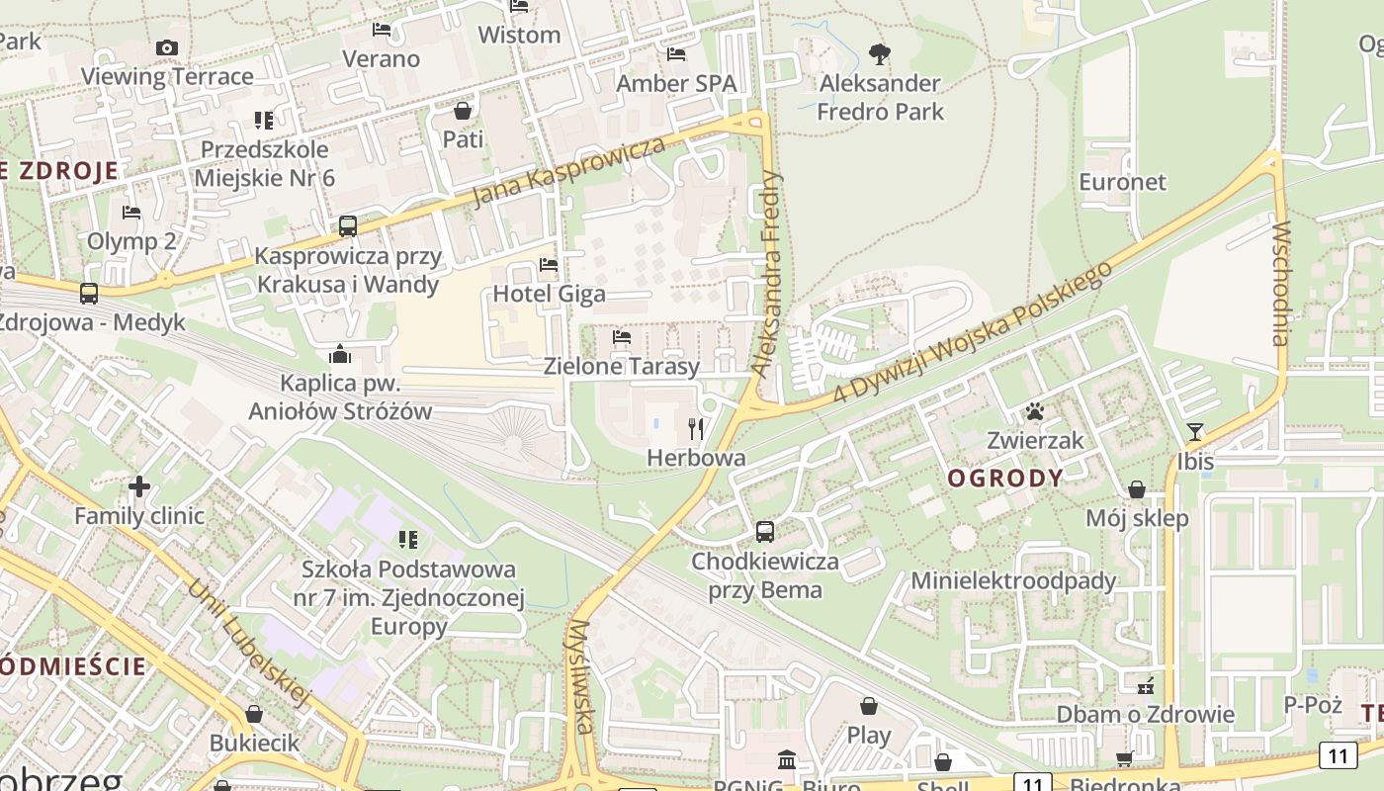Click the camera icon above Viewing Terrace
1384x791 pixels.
click(x=167, y=47)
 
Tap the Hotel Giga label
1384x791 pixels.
click(x=549, y=294)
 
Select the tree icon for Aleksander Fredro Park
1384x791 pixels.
click(x=879, y=54)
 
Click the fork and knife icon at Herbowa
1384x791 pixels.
click(x=696, y=428)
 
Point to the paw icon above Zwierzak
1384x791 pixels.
click(x=1035, y=411)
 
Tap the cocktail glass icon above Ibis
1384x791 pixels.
click(x=1195, y=431)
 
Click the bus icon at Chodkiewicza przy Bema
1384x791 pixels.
click(x=764, y=532)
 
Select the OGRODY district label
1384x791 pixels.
click(x=1005, y=479)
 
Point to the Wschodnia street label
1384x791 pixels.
click(x=1281, y=283)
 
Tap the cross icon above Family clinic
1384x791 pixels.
click(x=139, y=486)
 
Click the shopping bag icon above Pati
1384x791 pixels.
click(x=462, y=111)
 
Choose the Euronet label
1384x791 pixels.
click(x=1122, y=182)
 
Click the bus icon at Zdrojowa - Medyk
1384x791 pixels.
click(x=89, y=294)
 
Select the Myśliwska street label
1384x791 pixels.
click(x=580, y=677)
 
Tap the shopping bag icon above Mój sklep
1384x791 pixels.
click(x=1137, y=489)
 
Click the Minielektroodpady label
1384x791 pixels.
click(x=1013, y=580)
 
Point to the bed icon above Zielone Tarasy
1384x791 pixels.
click(x=621, y=338)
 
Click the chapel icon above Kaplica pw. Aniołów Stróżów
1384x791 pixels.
click(x=340, y=354)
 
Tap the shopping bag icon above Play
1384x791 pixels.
click(x=868, y=706)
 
